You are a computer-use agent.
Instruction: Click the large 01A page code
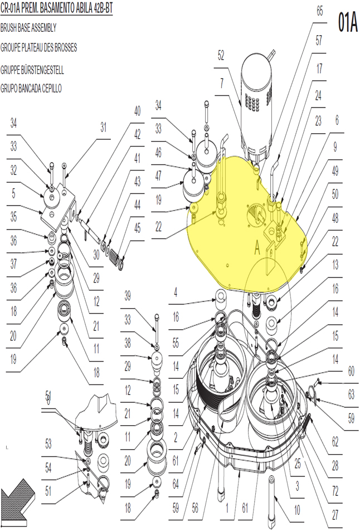tap(348, 22)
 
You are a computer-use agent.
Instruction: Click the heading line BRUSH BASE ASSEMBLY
tap(28, 28)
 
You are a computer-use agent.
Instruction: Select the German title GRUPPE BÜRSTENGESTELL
tap(32, 70)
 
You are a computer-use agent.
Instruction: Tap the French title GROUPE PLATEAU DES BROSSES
tap(38, 47)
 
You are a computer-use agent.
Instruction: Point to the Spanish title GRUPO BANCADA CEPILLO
tap(31, 89)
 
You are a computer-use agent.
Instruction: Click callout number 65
tap(320, 11)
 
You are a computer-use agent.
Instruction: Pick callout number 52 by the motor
tap(221, 55)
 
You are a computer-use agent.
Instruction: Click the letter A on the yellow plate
tap(257, 249)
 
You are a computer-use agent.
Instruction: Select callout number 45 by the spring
tap(137, 228)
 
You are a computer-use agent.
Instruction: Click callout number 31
tap(103, 128)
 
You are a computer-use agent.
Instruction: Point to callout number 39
tap(128, 296)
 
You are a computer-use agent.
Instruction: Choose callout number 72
tap(335, 491)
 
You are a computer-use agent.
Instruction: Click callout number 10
tap(297, 510)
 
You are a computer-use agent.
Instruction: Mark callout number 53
tap(48, 444)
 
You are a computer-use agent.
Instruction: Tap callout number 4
tap(176, 293)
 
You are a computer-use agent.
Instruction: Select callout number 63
tap(351, 394)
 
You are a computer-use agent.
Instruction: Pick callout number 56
tap(195, 508)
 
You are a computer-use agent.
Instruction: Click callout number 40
tap(137, 111)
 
